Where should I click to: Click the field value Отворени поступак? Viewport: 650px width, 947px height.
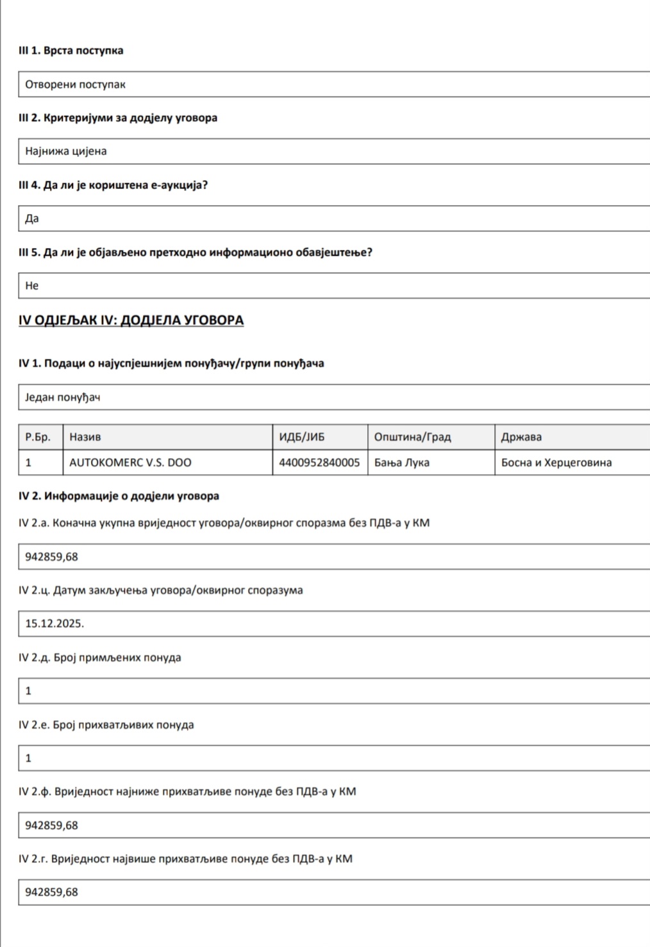75,85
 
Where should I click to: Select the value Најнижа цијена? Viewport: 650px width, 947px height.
66,152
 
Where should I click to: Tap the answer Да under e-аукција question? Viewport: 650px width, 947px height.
32,219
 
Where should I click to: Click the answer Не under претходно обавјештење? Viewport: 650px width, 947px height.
32,286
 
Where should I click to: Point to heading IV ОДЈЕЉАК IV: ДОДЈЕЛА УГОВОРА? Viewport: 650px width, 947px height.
131,320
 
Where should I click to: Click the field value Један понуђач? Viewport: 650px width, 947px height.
63,398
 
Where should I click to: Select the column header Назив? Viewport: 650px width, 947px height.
85,437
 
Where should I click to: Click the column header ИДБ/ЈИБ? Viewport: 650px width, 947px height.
301,437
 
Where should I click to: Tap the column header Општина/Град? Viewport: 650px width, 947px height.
412,437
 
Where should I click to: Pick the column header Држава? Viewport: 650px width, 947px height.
521,437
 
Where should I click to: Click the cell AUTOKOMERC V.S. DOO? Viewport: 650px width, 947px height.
130,463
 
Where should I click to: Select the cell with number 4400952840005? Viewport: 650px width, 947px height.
319,463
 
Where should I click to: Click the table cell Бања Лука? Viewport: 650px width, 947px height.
402,463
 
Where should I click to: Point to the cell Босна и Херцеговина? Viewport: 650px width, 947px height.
556,463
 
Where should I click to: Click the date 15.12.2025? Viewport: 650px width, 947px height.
54,623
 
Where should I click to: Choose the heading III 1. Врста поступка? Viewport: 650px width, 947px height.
71,51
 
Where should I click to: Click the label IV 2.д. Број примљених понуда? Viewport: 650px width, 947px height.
99,657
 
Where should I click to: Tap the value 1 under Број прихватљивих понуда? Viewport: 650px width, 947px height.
28,758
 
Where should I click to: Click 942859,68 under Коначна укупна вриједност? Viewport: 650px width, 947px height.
51,557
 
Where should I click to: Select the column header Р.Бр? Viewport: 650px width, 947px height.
38,437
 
